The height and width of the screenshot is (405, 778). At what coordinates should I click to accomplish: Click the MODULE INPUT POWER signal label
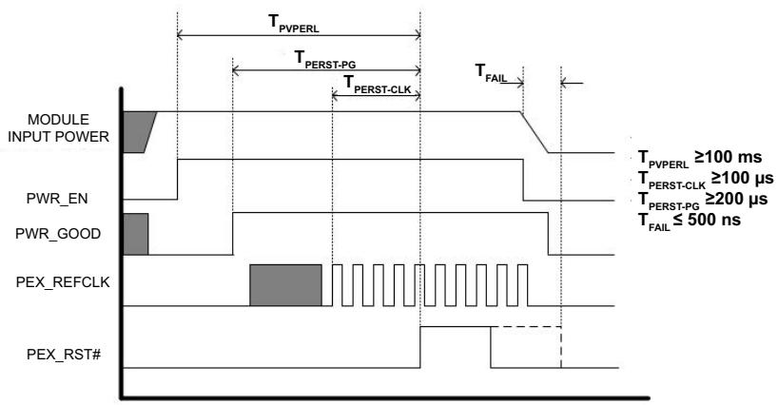click(58, 128)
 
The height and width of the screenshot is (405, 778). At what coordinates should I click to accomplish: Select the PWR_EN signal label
click(57, 199)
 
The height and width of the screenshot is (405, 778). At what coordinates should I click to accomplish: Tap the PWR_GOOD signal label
click(58, 234)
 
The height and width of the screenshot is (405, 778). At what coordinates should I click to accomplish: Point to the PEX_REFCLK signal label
click(63, 282)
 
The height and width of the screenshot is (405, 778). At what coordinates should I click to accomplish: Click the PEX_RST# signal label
click(64, 355)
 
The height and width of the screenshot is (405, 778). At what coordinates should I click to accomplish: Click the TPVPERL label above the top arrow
click(294, 24)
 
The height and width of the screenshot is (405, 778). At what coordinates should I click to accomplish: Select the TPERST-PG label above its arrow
click(325, 60)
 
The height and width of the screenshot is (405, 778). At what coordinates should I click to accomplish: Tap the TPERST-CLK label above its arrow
click(377, 85)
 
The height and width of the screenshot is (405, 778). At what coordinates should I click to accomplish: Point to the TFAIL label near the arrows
click(491, 72)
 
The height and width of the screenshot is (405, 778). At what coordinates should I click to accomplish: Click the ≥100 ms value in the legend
click(728, 157)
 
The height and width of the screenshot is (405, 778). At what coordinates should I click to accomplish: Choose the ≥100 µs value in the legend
click(743, 178)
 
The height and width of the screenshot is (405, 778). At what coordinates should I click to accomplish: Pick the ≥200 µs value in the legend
click(737, 199)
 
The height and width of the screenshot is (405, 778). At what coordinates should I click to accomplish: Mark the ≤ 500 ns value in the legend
click(707, 220)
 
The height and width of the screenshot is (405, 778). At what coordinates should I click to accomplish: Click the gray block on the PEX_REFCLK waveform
click(285, 285)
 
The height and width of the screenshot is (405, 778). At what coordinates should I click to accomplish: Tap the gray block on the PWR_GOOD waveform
click(135, 234)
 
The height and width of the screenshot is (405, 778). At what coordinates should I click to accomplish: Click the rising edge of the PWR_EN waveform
click(178, 180)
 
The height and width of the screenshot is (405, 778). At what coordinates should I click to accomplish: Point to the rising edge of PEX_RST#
click(420, 347)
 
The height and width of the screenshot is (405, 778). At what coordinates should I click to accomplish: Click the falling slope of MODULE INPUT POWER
click(535, 132)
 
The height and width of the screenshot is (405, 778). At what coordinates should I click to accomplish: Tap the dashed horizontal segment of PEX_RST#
click(526, 327)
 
